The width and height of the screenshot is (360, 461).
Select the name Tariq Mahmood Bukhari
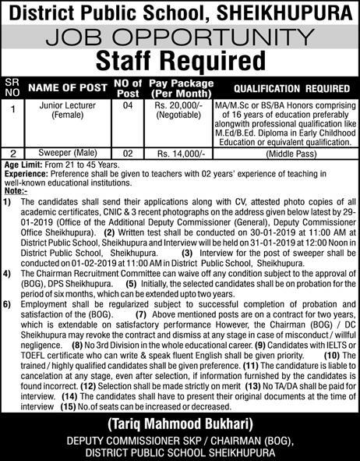[x=180, y=425]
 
